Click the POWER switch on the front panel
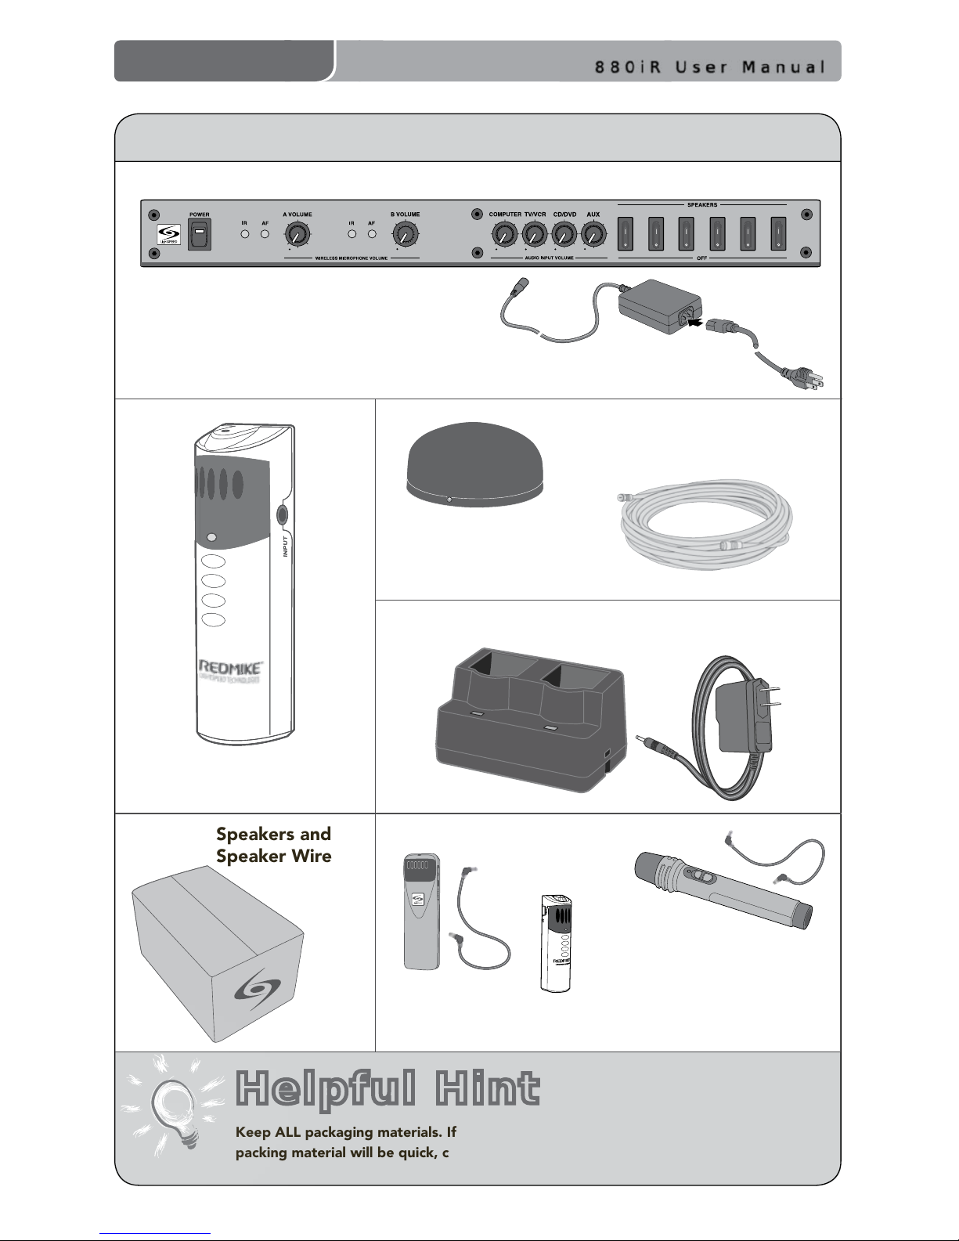pos(199,234)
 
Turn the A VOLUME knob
pos(296,233)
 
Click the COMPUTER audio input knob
pos(504,233)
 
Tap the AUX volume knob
pos(593,233)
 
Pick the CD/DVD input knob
pos(564,233)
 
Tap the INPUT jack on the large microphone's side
pos(283,514)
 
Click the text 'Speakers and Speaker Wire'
pos(273,844)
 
